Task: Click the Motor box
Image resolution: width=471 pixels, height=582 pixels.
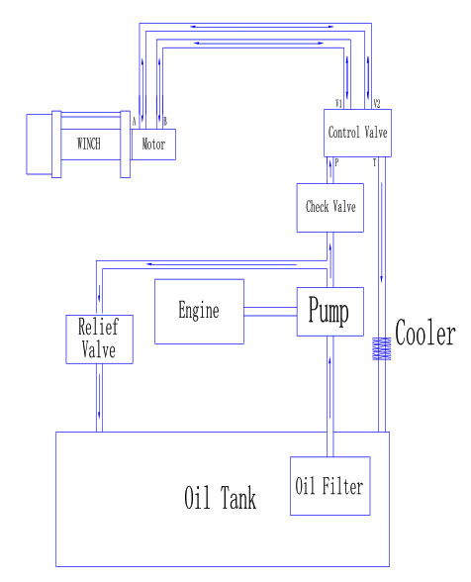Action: (153, 145)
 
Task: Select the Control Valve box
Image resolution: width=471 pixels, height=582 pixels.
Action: (357, 133)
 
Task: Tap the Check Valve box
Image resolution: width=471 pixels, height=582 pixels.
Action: (330, 208)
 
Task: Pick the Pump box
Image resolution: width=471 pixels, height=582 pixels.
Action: (330, 312)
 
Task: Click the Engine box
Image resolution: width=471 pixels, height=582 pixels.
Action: (199, 312)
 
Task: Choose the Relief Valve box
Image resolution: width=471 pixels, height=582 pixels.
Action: (100, 339)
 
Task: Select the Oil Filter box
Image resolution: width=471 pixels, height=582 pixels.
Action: (330, 486)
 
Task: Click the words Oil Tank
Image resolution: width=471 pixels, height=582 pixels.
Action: (220, 497)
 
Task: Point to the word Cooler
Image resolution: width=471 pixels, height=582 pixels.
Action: (425, 333)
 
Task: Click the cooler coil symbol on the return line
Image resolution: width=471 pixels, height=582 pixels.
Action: (382, 348)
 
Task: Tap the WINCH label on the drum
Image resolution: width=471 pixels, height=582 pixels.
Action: (89, 144)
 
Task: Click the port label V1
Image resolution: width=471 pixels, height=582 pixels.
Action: (338, 104)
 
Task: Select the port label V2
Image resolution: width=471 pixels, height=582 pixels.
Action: (377, 104)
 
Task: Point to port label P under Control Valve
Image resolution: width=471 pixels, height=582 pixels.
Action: (336, 162)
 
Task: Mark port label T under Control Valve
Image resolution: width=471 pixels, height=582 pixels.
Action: (374, 162)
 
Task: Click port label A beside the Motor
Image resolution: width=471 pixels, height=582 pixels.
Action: (134, 122)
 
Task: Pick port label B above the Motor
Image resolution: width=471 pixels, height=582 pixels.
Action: (165, 122)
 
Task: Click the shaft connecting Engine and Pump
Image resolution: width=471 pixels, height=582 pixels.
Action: (270, 312)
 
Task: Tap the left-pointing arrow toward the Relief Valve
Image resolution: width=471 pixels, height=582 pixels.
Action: (222, 264)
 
